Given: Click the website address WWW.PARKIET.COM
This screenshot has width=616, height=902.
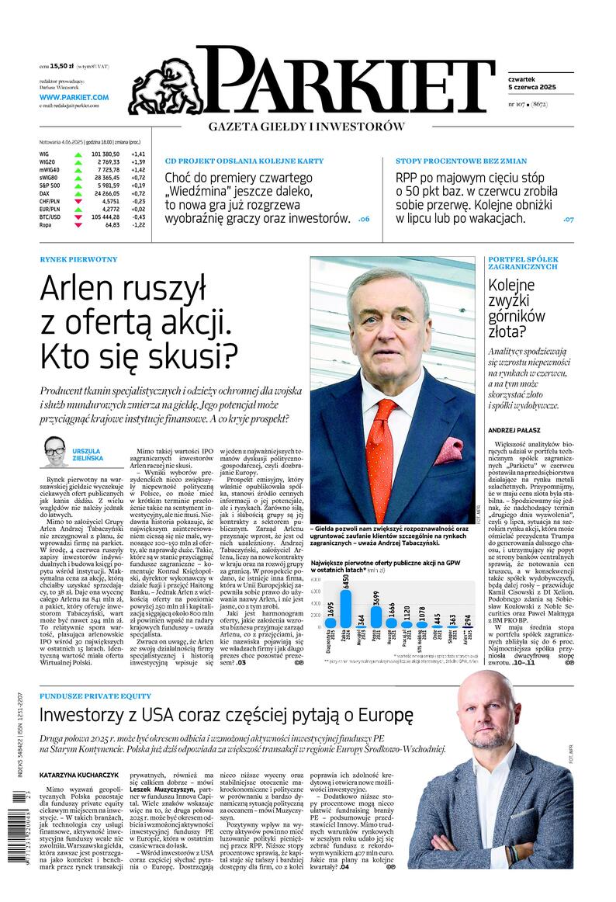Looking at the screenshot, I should click(74, 97).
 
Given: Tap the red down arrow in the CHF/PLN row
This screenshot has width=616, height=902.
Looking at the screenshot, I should click(78, 201).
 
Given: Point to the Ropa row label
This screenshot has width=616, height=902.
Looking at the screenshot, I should click(46, 224).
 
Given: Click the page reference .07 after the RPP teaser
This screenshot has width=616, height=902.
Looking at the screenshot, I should click(568, 220).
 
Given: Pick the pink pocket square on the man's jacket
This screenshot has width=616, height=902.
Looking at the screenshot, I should click(448, 451).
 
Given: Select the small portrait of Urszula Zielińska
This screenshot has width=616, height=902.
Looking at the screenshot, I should click(55, 448).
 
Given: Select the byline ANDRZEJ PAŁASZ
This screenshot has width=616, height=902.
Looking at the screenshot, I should click(514, 429).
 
